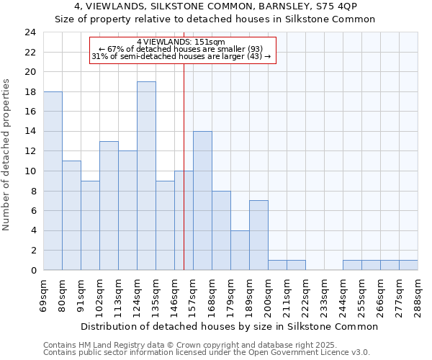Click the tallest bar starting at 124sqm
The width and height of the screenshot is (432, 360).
146,176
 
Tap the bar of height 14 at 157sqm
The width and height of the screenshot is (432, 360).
202,201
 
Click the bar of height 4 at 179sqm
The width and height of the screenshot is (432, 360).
240,251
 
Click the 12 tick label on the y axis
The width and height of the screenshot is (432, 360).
30,151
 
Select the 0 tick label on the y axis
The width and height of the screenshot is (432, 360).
33,270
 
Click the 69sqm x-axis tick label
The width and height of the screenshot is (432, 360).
44,296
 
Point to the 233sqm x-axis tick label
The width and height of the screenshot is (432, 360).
325,296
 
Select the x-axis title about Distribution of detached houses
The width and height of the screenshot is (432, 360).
230,326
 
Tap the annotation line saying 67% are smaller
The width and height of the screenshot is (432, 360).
181,49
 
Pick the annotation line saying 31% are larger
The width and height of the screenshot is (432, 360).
181,56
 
